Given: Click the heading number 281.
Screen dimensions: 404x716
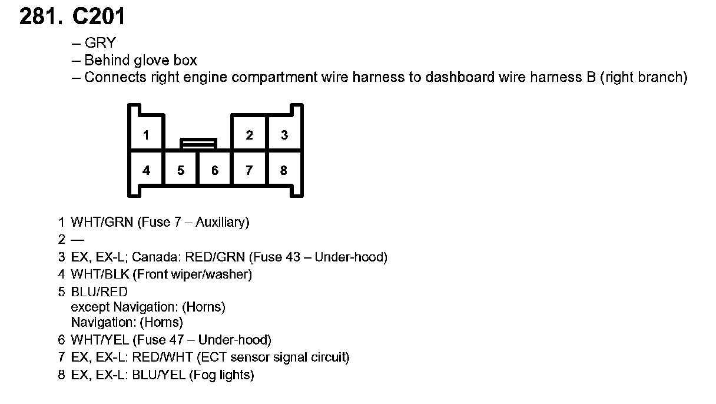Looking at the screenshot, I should click(x=40, y=16).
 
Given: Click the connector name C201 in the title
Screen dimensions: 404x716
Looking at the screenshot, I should click(x=98, y=16).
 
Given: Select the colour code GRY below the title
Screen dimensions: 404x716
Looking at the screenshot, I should click(x=100, y=43).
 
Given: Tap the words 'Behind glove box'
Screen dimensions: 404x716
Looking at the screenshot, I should click(x=141, y=60).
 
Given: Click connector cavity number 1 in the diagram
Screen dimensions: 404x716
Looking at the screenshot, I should click(x=146, y=135).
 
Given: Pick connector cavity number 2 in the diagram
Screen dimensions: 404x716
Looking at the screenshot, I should click(x=250, y=135).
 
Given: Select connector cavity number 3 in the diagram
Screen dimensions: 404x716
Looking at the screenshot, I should click(x=284, y=135).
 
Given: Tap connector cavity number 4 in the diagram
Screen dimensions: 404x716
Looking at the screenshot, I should click(x=146, y=170).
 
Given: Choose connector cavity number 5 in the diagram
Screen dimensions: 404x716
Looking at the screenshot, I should click(x=181, y=170).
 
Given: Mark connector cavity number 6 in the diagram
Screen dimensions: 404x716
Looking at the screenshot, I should click(x=215, y=170).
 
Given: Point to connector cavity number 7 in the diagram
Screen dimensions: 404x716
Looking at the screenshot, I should click(x=250, y=170).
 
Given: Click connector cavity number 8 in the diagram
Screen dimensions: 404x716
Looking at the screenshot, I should click(x=284, y=170).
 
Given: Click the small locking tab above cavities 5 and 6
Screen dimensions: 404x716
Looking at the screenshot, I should click(x=198, y=143).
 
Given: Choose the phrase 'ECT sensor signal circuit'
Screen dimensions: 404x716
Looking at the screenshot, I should click(x=273, y=357).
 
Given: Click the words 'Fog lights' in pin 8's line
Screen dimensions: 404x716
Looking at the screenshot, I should click(x=221, y=375).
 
